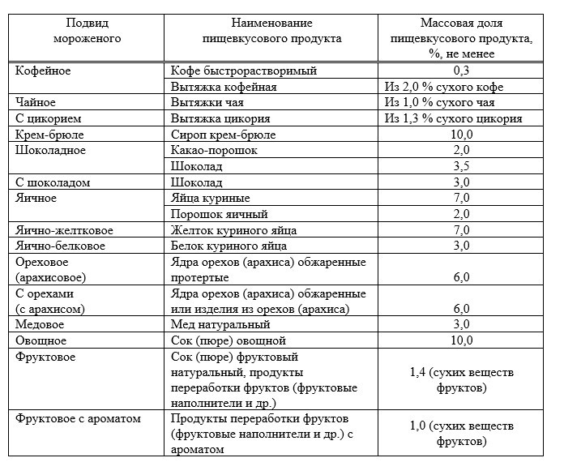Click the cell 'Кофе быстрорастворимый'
click(244, 71)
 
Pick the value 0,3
click(462, 71)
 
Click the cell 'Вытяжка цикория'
click(222, 118)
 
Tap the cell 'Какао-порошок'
click(215, 150)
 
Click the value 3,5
click(462, 166)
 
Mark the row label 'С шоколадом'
click(53, 182)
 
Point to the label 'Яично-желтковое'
click(65, 230)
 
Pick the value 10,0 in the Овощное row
click(462, 341)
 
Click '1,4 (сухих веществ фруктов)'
click(460, 381)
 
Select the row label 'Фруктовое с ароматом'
click(79, 420)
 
